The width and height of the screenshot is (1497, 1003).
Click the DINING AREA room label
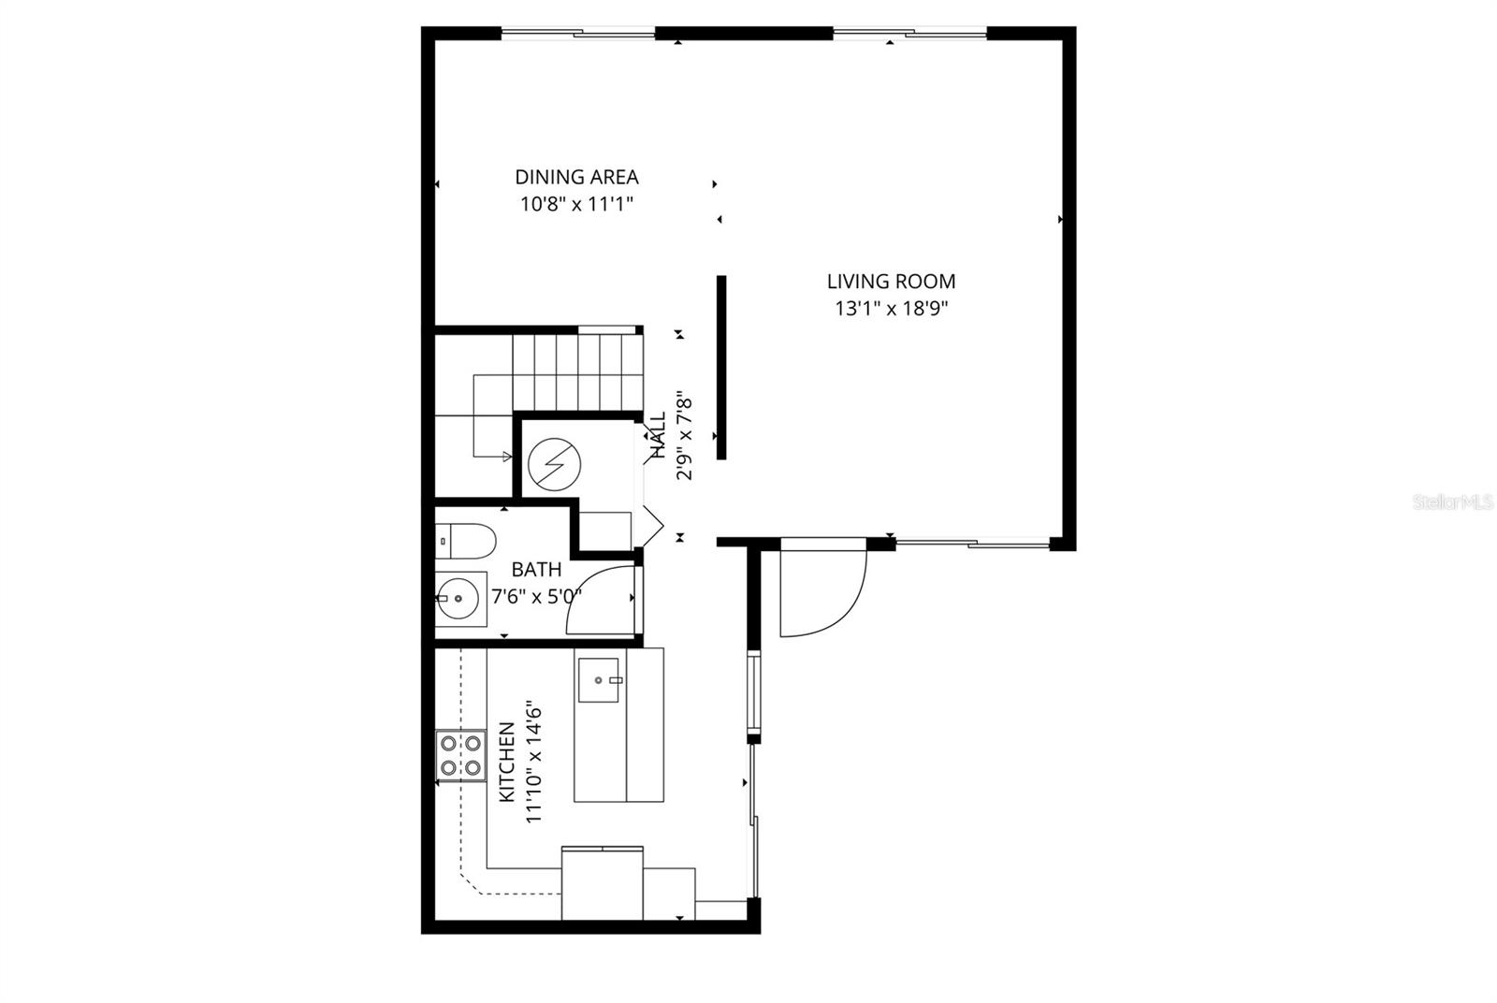576,177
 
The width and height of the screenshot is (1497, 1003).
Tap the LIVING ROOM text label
891,281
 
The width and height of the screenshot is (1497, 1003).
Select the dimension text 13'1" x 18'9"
891,309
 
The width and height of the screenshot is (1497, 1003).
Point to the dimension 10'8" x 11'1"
576,205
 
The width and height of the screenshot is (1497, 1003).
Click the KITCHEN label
506,761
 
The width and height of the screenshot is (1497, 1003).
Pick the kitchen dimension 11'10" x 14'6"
534,761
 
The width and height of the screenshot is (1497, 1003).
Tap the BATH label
536,569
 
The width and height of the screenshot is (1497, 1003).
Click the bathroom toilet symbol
465,540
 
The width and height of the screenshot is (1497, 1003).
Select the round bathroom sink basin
458,596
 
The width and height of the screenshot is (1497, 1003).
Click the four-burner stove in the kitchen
460,756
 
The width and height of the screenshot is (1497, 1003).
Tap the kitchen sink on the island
600,679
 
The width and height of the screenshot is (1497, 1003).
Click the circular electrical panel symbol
554,464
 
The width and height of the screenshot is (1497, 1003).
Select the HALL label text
658,434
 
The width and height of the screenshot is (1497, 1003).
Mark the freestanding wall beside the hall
721,367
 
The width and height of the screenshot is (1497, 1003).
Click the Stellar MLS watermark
1452,502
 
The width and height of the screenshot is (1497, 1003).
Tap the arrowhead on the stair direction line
507,457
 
